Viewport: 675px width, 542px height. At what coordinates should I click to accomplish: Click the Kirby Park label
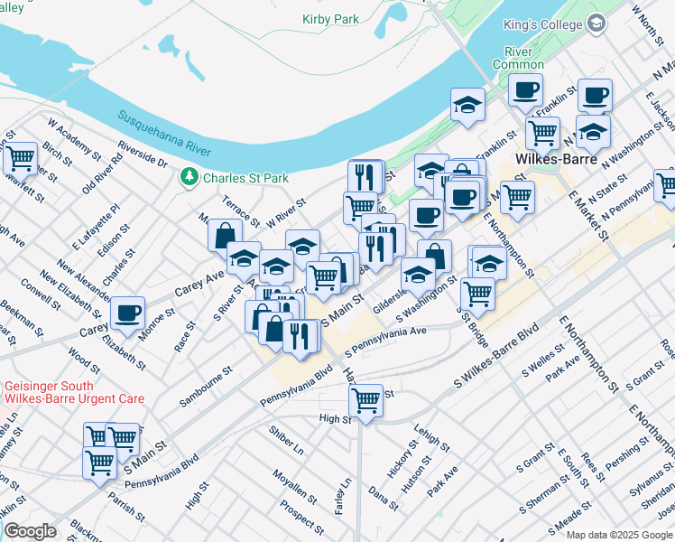tap(330, 19)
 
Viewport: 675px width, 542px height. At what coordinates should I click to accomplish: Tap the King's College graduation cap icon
tap(596, 25)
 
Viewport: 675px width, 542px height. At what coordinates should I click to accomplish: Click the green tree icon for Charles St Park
tap(190, 177)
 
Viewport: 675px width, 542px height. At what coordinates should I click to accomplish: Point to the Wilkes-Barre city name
tap(552, 159)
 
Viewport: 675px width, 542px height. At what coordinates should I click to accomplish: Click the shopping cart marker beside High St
tap(365, 398)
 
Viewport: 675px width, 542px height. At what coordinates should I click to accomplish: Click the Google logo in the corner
tap(29, 531)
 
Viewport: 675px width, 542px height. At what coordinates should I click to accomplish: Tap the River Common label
tap(518, 58)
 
